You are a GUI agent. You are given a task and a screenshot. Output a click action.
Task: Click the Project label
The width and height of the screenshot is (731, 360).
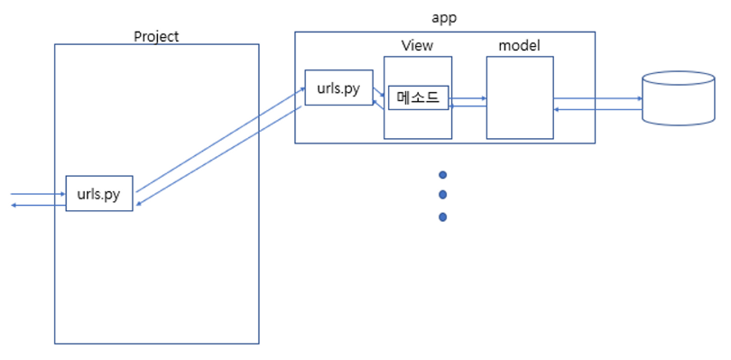[156, 36]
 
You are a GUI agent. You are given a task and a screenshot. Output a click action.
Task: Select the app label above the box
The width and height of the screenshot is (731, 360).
[444, 18]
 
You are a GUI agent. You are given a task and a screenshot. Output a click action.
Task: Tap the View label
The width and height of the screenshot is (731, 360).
[417, 45]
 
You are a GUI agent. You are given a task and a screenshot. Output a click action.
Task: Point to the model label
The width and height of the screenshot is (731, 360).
[519, 46]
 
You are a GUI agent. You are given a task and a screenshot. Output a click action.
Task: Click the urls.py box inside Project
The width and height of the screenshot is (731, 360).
[99, 193]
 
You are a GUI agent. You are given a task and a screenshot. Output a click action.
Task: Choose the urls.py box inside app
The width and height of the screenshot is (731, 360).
[339, 88]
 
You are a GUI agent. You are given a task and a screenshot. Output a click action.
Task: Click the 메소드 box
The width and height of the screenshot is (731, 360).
[418, 98]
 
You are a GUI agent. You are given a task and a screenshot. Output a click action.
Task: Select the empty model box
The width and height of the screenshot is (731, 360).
[520, 98]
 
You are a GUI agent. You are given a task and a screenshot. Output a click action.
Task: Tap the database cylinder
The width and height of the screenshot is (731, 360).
[679, 98]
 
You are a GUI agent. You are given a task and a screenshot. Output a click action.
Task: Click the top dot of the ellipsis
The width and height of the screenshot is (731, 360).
[443, 175]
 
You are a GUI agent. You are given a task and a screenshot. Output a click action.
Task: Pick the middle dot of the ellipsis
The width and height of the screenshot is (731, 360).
[443, 195]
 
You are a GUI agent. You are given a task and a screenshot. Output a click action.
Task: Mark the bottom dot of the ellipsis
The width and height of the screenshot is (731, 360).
[443, 217]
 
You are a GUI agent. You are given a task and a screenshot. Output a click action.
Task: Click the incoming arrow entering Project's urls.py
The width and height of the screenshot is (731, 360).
[38, 193]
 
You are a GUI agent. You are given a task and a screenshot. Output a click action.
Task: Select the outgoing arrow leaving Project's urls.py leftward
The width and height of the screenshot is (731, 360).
[38, 205]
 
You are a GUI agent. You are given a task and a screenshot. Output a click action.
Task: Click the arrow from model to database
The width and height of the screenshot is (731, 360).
[597, 98]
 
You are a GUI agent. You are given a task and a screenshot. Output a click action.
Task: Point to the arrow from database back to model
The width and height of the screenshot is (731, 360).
[597, 109]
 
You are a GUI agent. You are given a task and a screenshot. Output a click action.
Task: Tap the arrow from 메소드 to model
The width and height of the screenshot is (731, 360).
[467, 98]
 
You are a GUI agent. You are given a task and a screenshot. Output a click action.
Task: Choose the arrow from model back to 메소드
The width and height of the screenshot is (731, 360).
[467, 106]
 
